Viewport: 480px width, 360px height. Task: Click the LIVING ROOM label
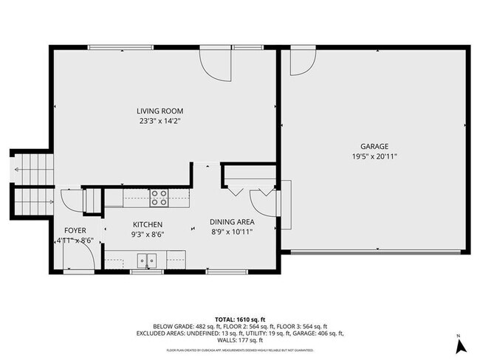pyautogui.click(x=160, y=111)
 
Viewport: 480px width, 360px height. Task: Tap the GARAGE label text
pyautogui.click(x=374, y=146)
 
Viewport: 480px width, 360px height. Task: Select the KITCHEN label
pyautogui.click(x=148, y=224)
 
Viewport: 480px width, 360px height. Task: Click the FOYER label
pyautogui.click(x=75, y=230)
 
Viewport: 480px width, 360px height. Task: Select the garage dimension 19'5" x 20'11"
pyautogui.click(x=374, y=156)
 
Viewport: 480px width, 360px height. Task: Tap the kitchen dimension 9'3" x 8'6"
pyautogui.click(x=148, y=234)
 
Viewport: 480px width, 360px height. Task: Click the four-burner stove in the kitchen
pyautogui.click(x=159, y=197)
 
